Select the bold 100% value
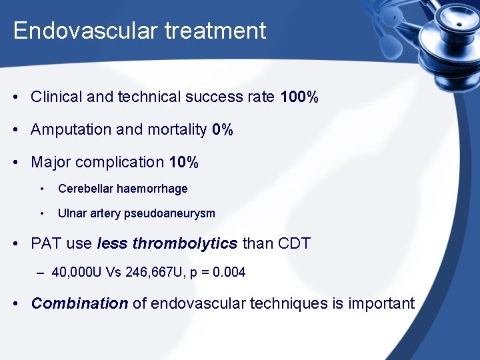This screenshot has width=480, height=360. coord(299,97)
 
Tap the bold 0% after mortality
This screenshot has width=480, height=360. coord(223,130)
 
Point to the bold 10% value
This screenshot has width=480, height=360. coord(183,163)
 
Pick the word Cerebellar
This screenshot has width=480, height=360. coord(85,189)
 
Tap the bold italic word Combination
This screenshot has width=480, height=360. coord(79,304)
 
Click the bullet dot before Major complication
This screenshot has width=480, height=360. coord(15,163)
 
